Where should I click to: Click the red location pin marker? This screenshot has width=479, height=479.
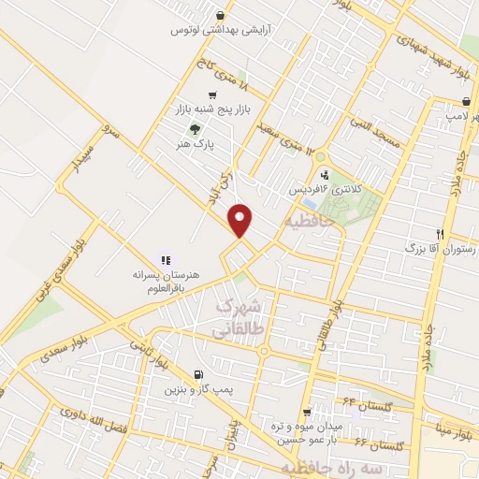coord(240,219)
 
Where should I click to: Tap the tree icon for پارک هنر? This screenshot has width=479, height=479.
coord(195,130)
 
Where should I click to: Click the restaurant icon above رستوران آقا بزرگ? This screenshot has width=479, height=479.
coord(440,234)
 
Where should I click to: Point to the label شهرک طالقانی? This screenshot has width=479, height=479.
coord(241,318)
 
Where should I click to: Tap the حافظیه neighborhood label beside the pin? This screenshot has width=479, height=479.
coord(305,223)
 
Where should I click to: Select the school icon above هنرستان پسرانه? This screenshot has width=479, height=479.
coord(166,261)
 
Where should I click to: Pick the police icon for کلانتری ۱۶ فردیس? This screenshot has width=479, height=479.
coord(325,174)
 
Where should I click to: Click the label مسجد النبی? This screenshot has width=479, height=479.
coord(374,133)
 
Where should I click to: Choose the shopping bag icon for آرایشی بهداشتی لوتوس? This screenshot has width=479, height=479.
coord(219,15)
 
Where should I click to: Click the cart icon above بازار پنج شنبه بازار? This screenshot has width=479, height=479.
coord(213,94)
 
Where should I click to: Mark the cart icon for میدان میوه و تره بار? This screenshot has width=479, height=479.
coord(308,413)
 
